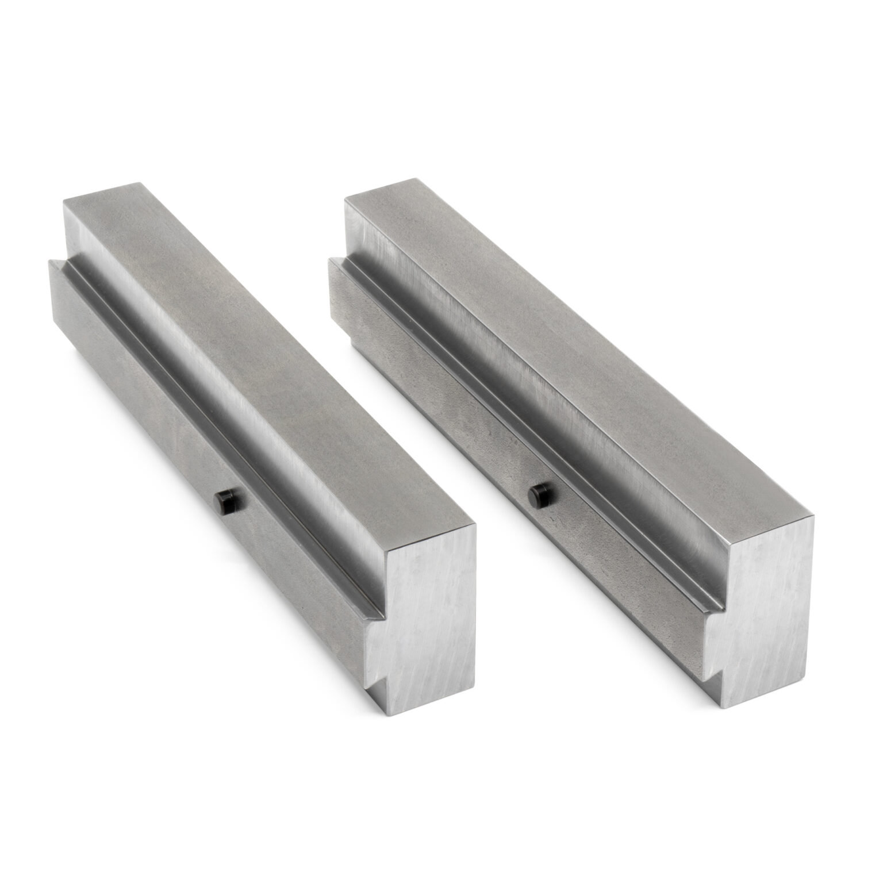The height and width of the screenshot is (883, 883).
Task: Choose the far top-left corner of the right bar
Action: click(345, 198)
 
